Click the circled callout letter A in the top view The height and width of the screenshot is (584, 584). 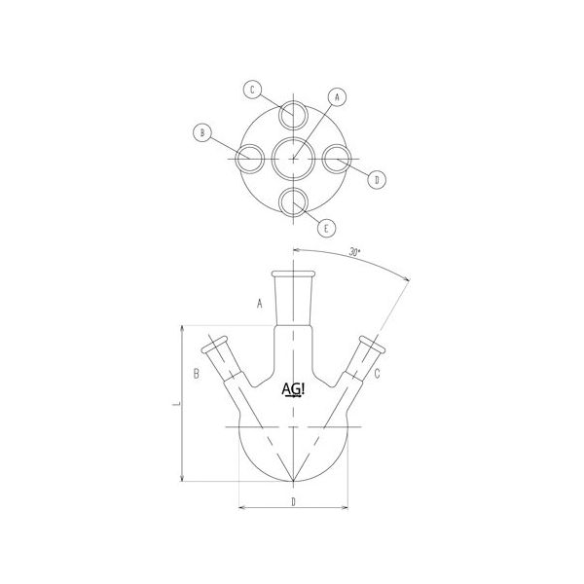(x=337, y=97)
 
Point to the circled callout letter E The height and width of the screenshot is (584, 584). (x=328, y=229)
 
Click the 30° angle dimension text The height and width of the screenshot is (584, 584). (x=353, y=253)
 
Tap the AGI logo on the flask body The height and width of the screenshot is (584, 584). (x=292, y=390)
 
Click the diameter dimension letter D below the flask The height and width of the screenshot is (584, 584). (x=293, y=502)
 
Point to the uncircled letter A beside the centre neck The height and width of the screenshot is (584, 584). (x=260, y=304)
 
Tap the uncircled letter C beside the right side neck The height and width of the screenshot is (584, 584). (x=377, y=373)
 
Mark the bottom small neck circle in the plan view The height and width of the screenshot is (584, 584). (x=293, y=201)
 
